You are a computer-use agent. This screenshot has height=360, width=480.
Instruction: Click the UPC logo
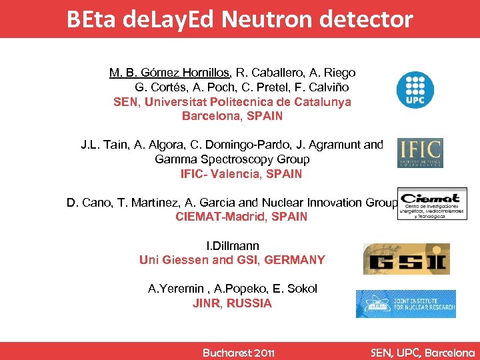coord(415,90)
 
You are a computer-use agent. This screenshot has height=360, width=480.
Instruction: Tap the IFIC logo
coord(419,153)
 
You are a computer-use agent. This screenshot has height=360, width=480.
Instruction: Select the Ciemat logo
coord(431,204)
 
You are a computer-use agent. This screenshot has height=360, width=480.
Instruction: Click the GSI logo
coord(406,259)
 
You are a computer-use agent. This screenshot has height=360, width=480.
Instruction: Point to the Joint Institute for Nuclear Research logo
coord(405,304)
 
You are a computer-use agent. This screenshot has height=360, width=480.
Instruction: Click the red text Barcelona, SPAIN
coord(232,116)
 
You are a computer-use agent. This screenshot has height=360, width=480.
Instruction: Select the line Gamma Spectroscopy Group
coord(232,159)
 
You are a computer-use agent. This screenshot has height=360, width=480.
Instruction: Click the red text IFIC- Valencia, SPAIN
coord(241,174)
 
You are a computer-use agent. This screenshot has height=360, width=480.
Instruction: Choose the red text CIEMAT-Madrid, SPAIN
coord(241,217)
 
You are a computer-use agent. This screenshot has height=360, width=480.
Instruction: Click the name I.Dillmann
coord(233,246)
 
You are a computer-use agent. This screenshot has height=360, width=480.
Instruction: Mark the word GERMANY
coord(295,260)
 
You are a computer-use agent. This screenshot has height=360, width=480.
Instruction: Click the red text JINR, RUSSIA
coord(232,303)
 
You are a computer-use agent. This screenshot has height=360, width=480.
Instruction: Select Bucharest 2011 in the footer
coord(239,352)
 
